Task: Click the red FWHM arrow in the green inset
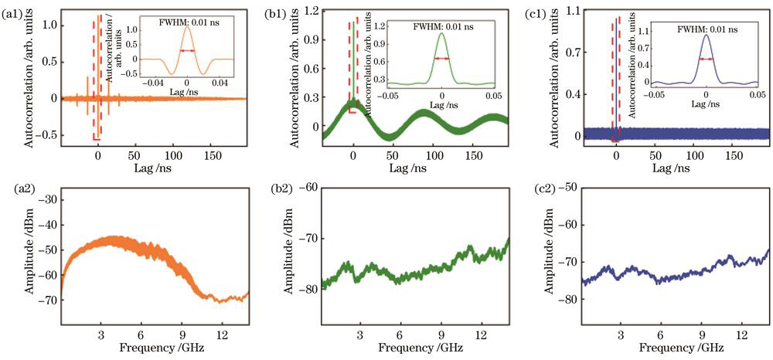441,59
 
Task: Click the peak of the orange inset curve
187,29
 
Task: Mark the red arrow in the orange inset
187,51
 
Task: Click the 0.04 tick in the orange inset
220,83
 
